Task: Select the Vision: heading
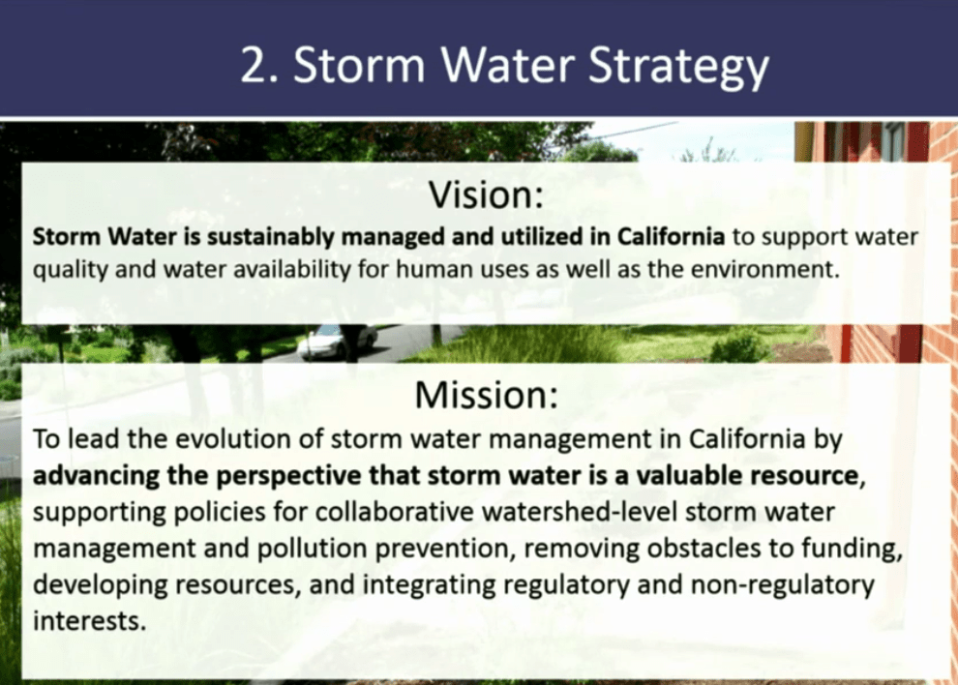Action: pyautogui.click(x=486, y=194)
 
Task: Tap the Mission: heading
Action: pyautogui.click(x=487, y=395)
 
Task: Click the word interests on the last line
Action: pyautogui.click(x=89, y=621)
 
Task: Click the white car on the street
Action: pyautogui.click(x=338, y=341)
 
